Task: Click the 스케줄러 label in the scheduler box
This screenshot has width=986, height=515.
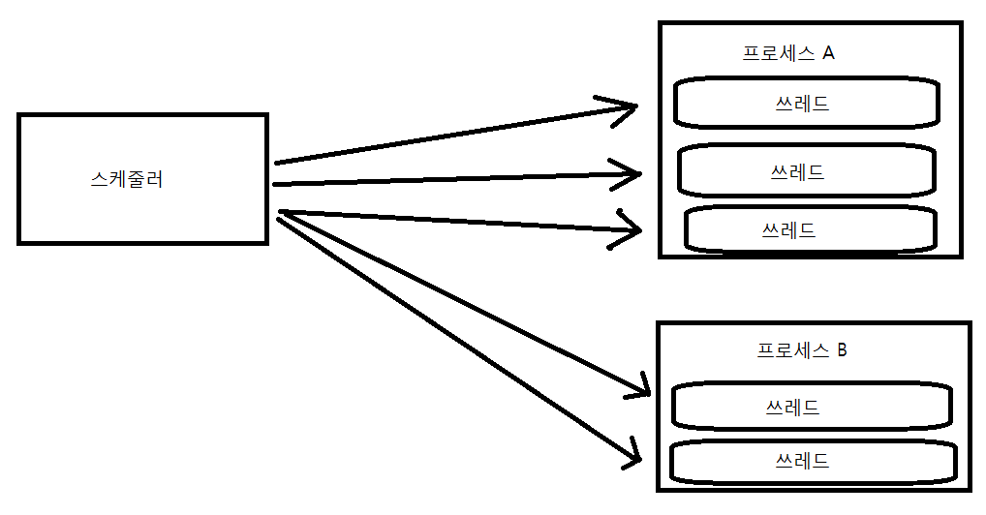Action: pos(126,179)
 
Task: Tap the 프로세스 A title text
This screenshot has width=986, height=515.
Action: pos(788,53)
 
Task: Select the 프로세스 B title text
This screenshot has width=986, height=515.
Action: pos(802,350)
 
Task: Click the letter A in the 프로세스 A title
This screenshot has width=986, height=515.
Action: pos(828,53)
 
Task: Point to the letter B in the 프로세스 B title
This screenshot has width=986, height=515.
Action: pos(841,350)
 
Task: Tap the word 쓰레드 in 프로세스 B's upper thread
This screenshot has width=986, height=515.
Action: pos(792,407)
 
